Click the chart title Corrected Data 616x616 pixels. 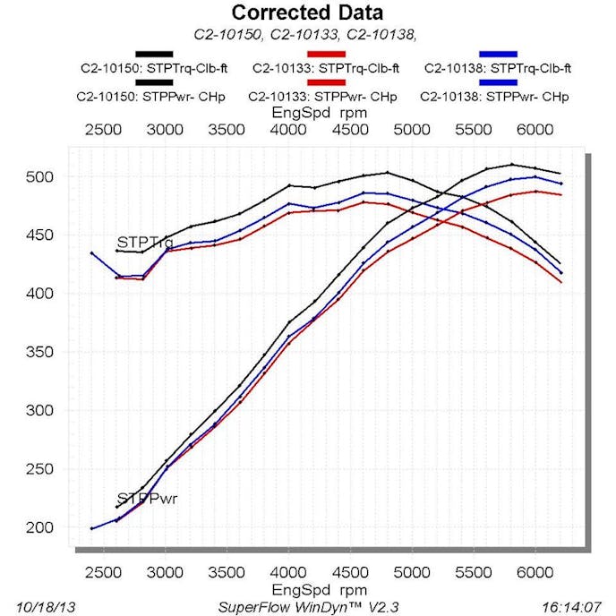307,13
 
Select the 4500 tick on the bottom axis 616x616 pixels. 349,568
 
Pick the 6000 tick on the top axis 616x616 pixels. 535,129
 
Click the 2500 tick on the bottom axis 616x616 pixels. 103,568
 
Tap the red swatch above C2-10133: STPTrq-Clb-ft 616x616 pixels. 326,55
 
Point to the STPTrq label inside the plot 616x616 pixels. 145,243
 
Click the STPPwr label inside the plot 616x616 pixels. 147,499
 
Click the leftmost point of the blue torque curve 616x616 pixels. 91,253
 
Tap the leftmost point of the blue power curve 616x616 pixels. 91,528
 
